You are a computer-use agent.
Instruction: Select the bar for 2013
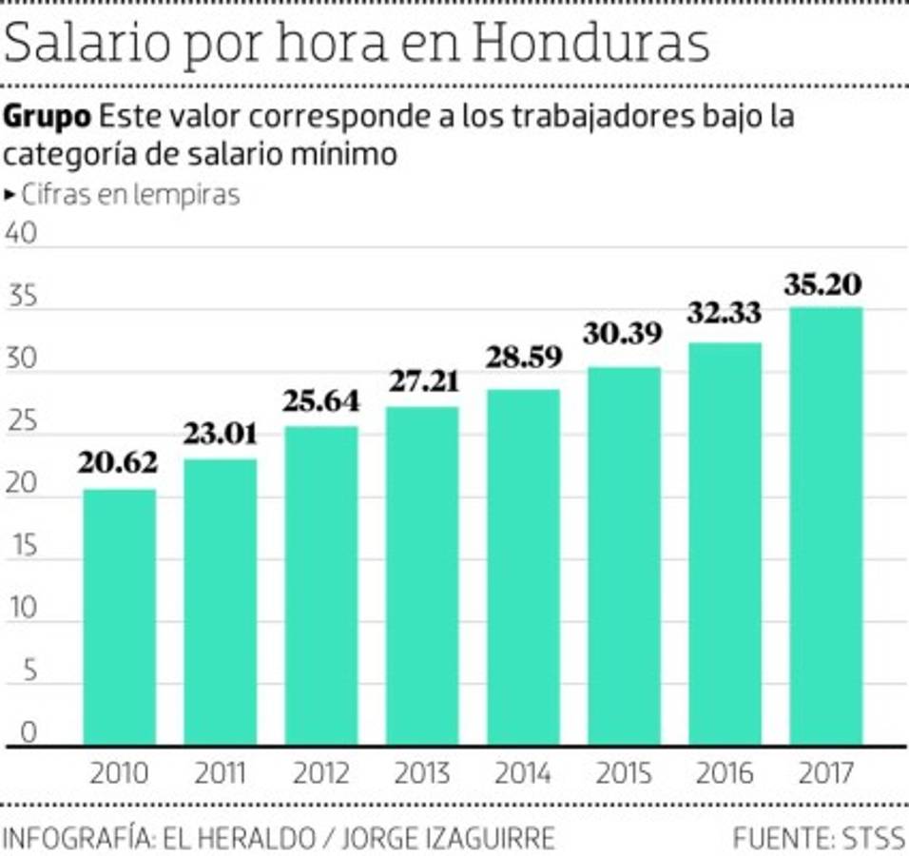click(422, 575)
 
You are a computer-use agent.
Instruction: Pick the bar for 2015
click(624, 555)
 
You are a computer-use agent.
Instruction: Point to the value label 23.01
click(220, 438)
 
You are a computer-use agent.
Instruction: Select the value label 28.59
click(523, 358)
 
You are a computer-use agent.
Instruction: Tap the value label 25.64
click(321, 401)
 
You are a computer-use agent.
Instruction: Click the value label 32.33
click(725, 313)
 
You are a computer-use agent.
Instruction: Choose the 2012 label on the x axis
click(321, 773)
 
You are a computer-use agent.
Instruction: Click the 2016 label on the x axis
click(725, 773)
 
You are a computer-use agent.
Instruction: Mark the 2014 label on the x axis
click(523, 773)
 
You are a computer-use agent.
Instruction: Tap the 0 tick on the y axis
click(27, 733)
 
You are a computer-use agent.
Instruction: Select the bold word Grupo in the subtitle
click(48, 118)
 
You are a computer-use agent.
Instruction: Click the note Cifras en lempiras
click(131, 195)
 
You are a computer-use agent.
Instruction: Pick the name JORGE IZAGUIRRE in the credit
click(447, 838)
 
